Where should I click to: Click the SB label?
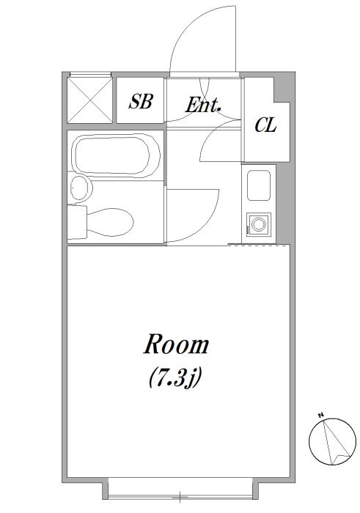point(140,101)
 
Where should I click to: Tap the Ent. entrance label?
point(203,105)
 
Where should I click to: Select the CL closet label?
point(265,125)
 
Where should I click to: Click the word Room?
point(176,344)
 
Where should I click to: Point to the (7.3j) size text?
point(175,379)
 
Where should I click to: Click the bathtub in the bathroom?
point(116,155)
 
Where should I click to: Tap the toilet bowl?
point(110,222)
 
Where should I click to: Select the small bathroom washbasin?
point(81,188)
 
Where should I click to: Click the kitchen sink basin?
point(259,185)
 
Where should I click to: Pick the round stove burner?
point(259,224)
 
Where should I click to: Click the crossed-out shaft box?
point(89,100)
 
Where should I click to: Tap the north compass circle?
point(333,442)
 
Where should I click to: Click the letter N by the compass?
point(320,415)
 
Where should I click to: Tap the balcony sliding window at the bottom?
point(180,496)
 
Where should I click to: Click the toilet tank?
point(77,222)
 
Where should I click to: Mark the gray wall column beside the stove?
point(284,204)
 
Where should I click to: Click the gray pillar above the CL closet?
point(283,86)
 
